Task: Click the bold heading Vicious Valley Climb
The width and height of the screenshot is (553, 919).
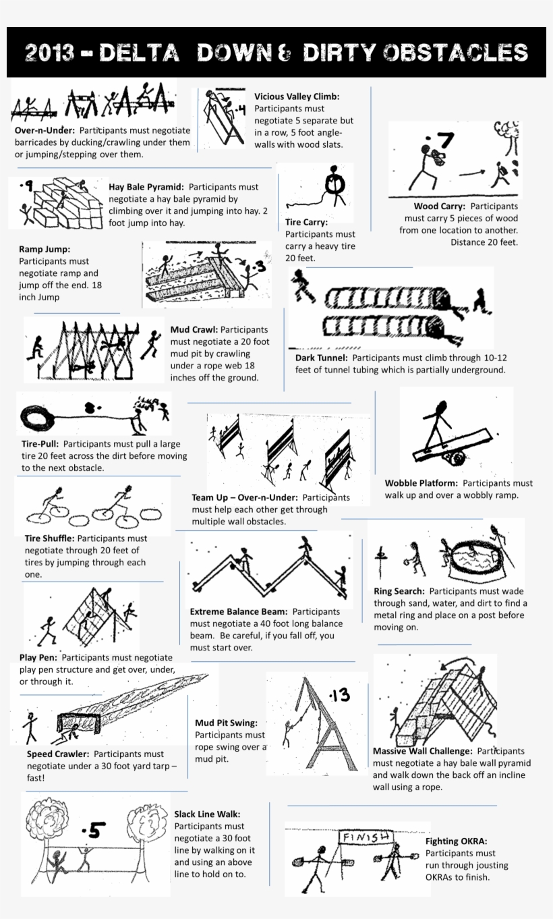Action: click(x=297, y=96)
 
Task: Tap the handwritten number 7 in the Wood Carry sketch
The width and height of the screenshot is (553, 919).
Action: click(x=444, y=141)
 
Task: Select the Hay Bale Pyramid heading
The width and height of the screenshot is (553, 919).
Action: click(x=146, y=187)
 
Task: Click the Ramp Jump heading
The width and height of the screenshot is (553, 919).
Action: click(x=45, y=249)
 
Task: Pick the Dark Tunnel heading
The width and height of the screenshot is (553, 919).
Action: click(x=322, y=358)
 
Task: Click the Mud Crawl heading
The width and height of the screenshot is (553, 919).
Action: click(x=194, y=330)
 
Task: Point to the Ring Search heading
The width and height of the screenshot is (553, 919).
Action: click(x=399, y=591)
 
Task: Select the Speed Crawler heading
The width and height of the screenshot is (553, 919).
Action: click(x=58, y=754)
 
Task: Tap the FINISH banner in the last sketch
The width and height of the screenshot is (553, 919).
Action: click(x=366, y=837)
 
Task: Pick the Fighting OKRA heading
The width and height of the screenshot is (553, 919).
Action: click(x=456, y=841)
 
